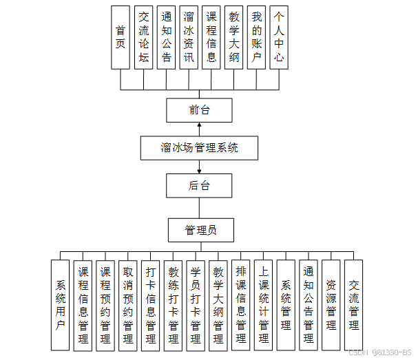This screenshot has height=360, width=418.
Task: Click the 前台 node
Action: [199, 110]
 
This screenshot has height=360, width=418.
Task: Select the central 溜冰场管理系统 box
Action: [199, 147]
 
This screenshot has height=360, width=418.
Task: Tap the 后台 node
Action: [199, 185]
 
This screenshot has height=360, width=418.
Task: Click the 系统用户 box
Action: [61, 305]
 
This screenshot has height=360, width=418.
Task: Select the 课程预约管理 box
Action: [105, 305]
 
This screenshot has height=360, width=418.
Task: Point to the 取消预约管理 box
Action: [127, 305]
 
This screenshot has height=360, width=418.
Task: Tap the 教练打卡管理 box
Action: [173, 305]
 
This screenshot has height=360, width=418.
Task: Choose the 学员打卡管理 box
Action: [196, 305]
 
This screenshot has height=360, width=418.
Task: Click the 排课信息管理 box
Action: [240, 305]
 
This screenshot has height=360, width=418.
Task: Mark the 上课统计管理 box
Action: [263, 305]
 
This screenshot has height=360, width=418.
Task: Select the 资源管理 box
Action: [331, 305]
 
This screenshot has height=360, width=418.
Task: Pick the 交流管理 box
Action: [353, 305]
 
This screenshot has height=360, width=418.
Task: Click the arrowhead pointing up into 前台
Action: [200, 125]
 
